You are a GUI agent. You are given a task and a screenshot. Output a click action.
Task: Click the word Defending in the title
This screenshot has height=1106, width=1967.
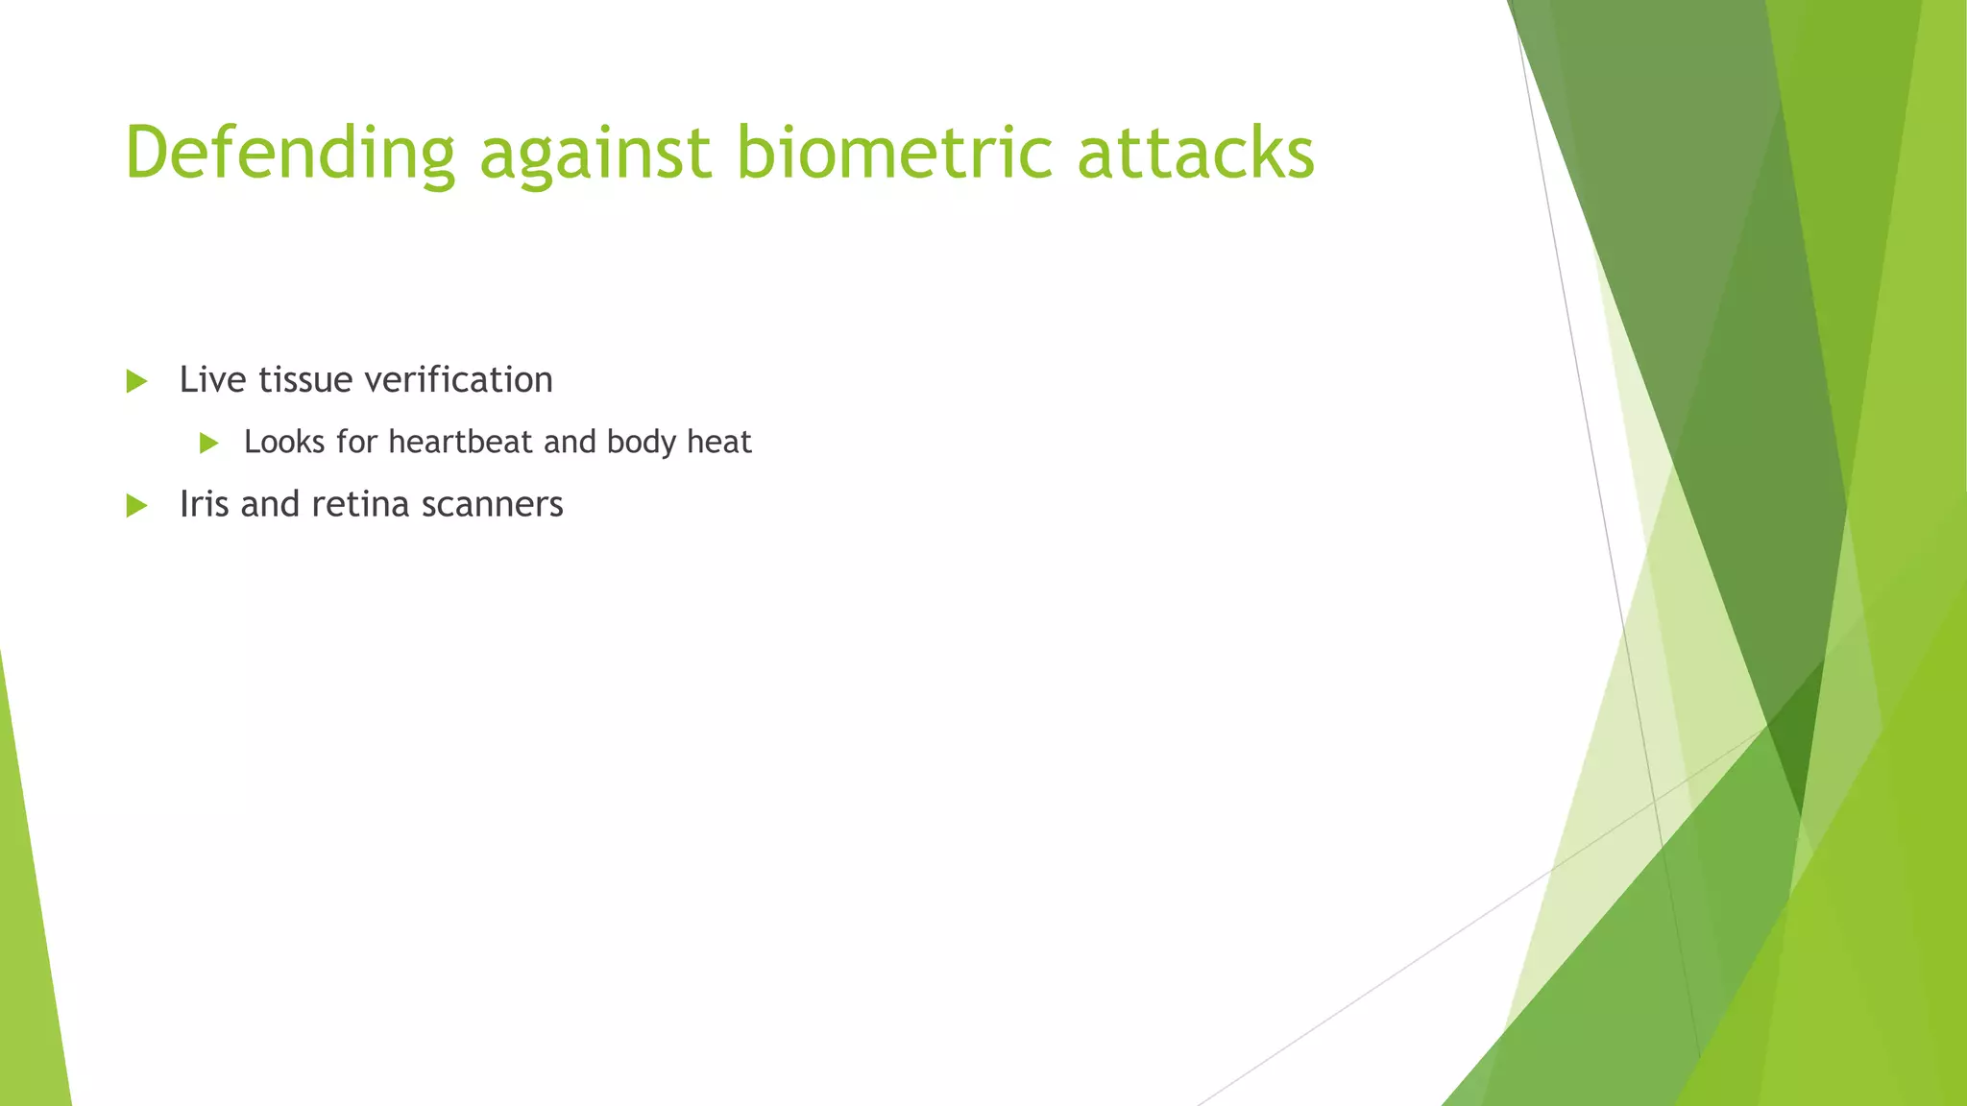click(x=289, y=154)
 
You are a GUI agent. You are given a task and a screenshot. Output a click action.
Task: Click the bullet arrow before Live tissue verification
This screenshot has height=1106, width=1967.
click(x=136, y=381)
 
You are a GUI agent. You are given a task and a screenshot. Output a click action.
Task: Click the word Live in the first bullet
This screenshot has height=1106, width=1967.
click(x=212, y=379)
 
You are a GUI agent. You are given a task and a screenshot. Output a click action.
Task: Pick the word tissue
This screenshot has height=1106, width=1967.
click(x=305, y=379)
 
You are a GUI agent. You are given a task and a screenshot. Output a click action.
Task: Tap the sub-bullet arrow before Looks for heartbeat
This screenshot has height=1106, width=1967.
click(x=208, y=443)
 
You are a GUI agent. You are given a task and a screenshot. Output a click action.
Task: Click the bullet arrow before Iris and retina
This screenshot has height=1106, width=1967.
click(x=136, y=505)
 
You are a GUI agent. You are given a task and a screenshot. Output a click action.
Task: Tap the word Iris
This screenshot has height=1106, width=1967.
click(x=204, y=504)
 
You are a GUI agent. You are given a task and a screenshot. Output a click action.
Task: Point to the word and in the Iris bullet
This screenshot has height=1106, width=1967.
click(x=270, y=504)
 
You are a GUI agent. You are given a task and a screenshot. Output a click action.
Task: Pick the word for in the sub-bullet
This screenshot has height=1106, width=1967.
click(x=356, y=442)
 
